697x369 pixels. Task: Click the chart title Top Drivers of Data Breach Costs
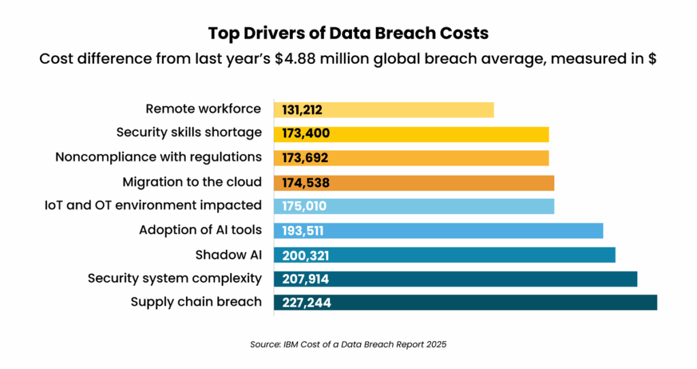[x=348, y=33]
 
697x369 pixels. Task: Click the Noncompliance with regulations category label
[x=159, y=157]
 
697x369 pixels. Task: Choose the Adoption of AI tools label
[x=200, y=229]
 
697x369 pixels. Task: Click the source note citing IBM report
[x=348, y=344]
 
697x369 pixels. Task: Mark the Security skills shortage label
[x=189, y=133]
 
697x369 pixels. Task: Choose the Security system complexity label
[x=174, y=278]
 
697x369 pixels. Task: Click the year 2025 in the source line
[x=436, y=344]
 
